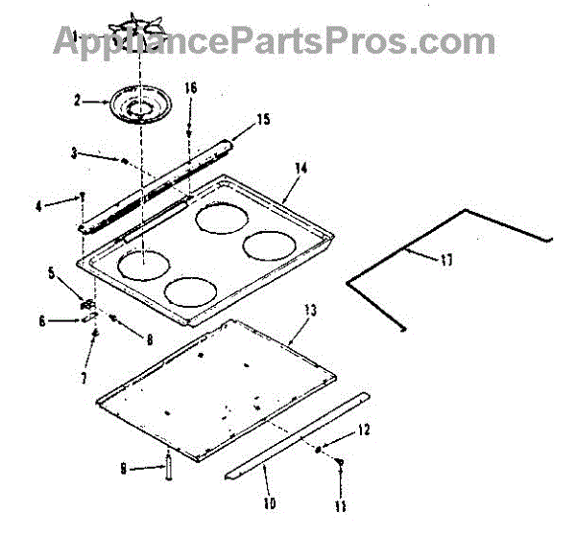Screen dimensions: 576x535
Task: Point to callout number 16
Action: coord(190,87)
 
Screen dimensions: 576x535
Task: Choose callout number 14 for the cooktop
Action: coord(300,168)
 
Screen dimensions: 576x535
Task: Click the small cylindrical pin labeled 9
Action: coord(168,467)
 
